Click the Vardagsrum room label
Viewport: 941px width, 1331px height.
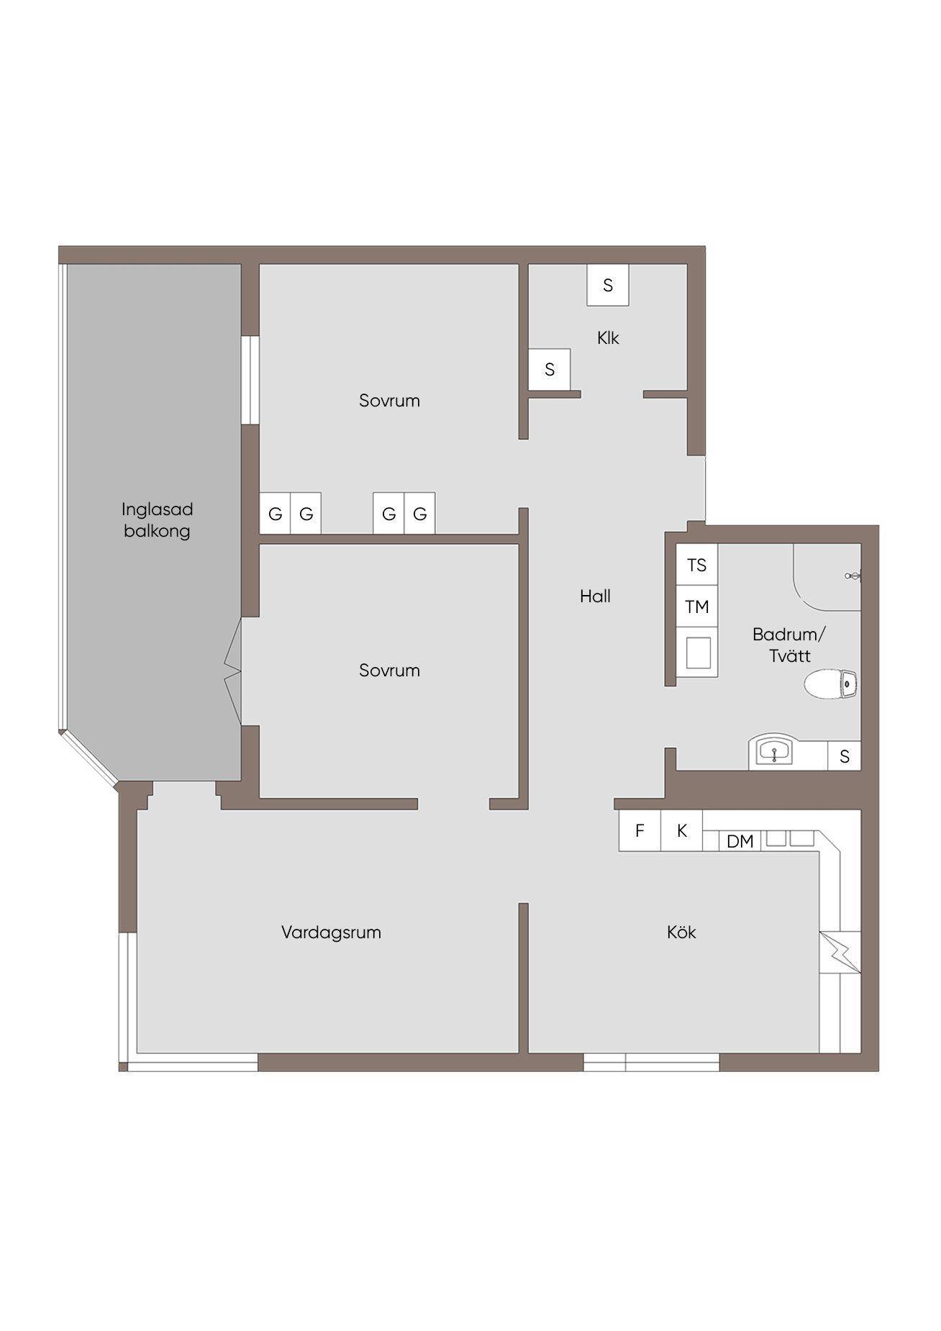click(331, 932)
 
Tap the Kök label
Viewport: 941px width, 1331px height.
click(681, 932)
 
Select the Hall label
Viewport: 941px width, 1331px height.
click(595, 596)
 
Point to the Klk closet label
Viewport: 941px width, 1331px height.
click(608, 337)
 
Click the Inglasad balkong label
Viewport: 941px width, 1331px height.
click(157, 520)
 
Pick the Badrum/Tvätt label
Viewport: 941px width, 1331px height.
click(789, 645)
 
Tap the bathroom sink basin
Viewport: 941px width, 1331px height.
click(773, 753)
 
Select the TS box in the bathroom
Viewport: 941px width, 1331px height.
click(697, 565)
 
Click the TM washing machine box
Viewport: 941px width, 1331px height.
click(697, 607)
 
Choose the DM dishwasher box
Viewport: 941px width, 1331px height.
click(740, 840)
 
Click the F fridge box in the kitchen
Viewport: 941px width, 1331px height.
click(640, 831)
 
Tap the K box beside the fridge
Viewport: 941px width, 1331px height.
click(682, 831)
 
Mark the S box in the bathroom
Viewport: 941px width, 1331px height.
click(845, 756)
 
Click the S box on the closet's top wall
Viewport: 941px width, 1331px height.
click(608, 285)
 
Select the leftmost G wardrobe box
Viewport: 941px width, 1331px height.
click(275, 514)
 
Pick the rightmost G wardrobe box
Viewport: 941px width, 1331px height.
click(420, 514)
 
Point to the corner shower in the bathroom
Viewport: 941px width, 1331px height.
click(827, 577)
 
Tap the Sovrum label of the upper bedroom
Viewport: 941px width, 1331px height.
click(389, 401)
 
